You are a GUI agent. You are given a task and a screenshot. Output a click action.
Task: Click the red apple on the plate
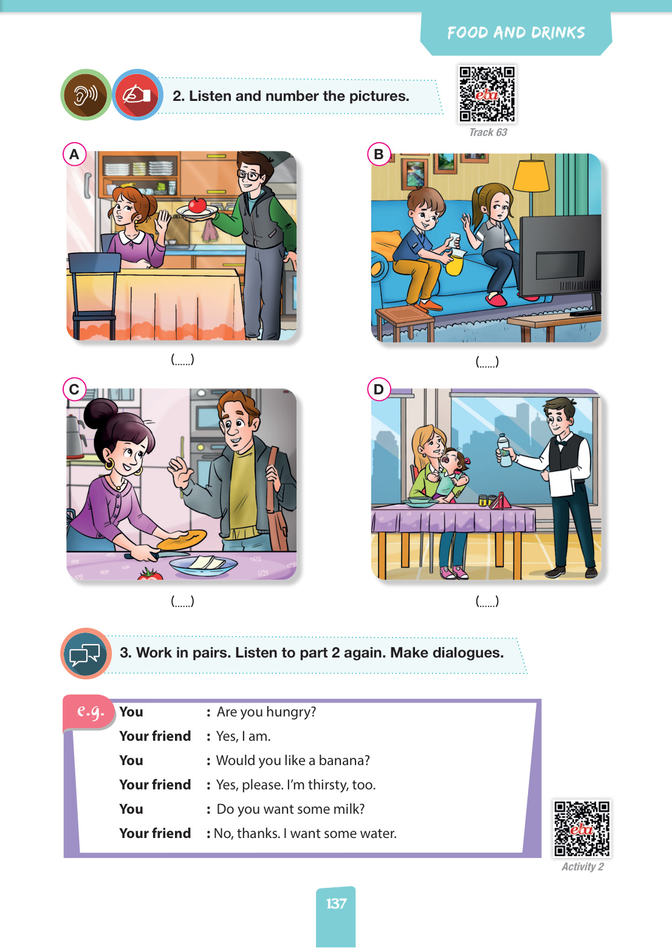[x=197, y=205]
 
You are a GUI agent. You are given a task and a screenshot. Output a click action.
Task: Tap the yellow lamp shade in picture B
[x=531, y=176]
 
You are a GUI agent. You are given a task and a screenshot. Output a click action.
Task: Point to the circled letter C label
[x=75, y=389]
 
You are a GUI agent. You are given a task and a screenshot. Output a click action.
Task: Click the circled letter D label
[x=379, y=389]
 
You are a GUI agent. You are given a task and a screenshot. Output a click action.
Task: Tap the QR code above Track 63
[x=487, y=94]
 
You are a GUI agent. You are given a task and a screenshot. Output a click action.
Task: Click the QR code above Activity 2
[x=582, y=829]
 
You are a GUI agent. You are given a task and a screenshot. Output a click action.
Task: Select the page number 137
[x=336, y=904]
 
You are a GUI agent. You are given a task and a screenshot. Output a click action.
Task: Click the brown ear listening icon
[x=86, y=95]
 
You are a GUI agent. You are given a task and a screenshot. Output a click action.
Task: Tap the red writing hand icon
[x=137, y=95]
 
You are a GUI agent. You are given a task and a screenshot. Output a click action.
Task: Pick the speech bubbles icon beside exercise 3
[x=86, y=653]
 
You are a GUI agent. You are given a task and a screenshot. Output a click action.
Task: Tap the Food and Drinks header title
[x=516, y=33]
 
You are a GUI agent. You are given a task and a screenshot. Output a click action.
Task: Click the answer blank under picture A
[x=182, y=359]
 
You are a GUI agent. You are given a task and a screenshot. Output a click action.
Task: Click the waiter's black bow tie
[x=561, y=443]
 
